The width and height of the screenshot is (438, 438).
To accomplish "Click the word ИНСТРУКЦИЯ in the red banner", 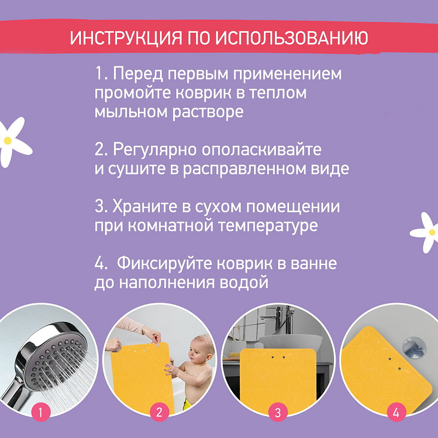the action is tap(126, 38).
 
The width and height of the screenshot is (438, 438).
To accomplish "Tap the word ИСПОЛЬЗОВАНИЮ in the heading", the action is tap(291, 38).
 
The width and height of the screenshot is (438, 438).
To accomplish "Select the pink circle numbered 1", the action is tap(41, 412).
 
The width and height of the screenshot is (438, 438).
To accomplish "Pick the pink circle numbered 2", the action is tap(159, 412).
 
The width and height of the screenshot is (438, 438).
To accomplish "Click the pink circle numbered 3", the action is tap(278, 412).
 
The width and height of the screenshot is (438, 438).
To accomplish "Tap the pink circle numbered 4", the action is tap(396, 412).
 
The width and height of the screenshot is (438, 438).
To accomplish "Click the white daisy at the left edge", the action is tap(13, 142).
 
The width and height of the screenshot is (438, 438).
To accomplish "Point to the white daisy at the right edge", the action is tap(425, 232).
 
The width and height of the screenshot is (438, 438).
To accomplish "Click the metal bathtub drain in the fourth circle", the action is tap(413, 348).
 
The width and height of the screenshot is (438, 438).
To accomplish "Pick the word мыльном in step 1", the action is tap(131, 112).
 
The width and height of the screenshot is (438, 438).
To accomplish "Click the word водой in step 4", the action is tap(244, 283).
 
